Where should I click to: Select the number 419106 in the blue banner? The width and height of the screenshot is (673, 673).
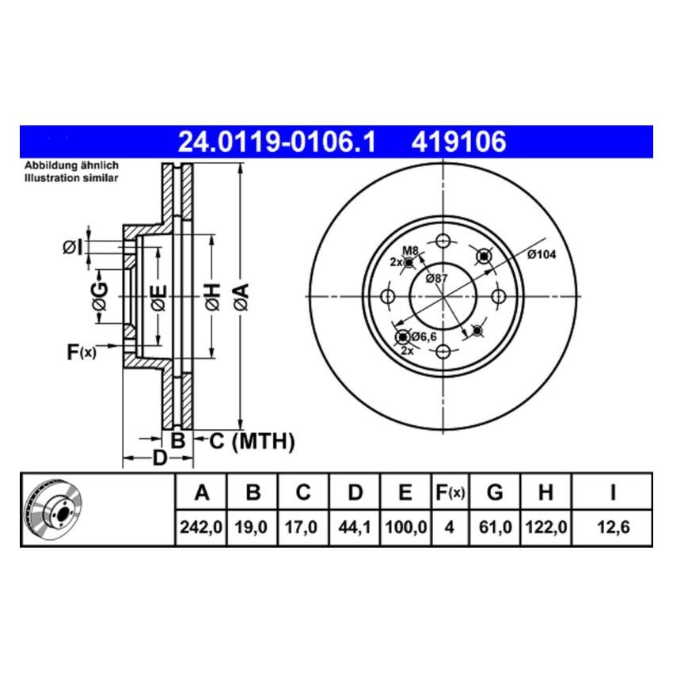pos(457,143)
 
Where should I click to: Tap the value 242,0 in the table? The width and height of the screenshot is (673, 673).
pos(201,525)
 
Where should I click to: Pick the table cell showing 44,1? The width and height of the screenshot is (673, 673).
pos(356,525)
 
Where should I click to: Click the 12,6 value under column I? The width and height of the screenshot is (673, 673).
pos(612,525)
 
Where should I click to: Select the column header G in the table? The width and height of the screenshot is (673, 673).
pos(495,493)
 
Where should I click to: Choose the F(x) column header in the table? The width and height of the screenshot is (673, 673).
pos(450,493)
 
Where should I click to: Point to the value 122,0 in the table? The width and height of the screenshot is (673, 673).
pos(545,525)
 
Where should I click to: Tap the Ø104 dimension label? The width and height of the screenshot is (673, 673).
pos(542,254)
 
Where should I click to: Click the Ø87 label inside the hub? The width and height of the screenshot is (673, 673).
pos(436,278)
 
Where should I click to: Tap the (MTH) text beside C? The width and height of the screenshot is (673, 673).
pos(263,442)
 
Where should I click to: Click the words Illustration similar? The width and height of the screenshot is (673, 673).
pos(71,179)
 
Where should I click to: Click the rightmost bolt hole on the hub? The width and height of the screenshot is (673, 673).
pos(499,296)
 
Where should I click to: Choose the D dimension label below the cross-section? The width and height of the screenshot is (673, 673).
pos(159,458)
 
